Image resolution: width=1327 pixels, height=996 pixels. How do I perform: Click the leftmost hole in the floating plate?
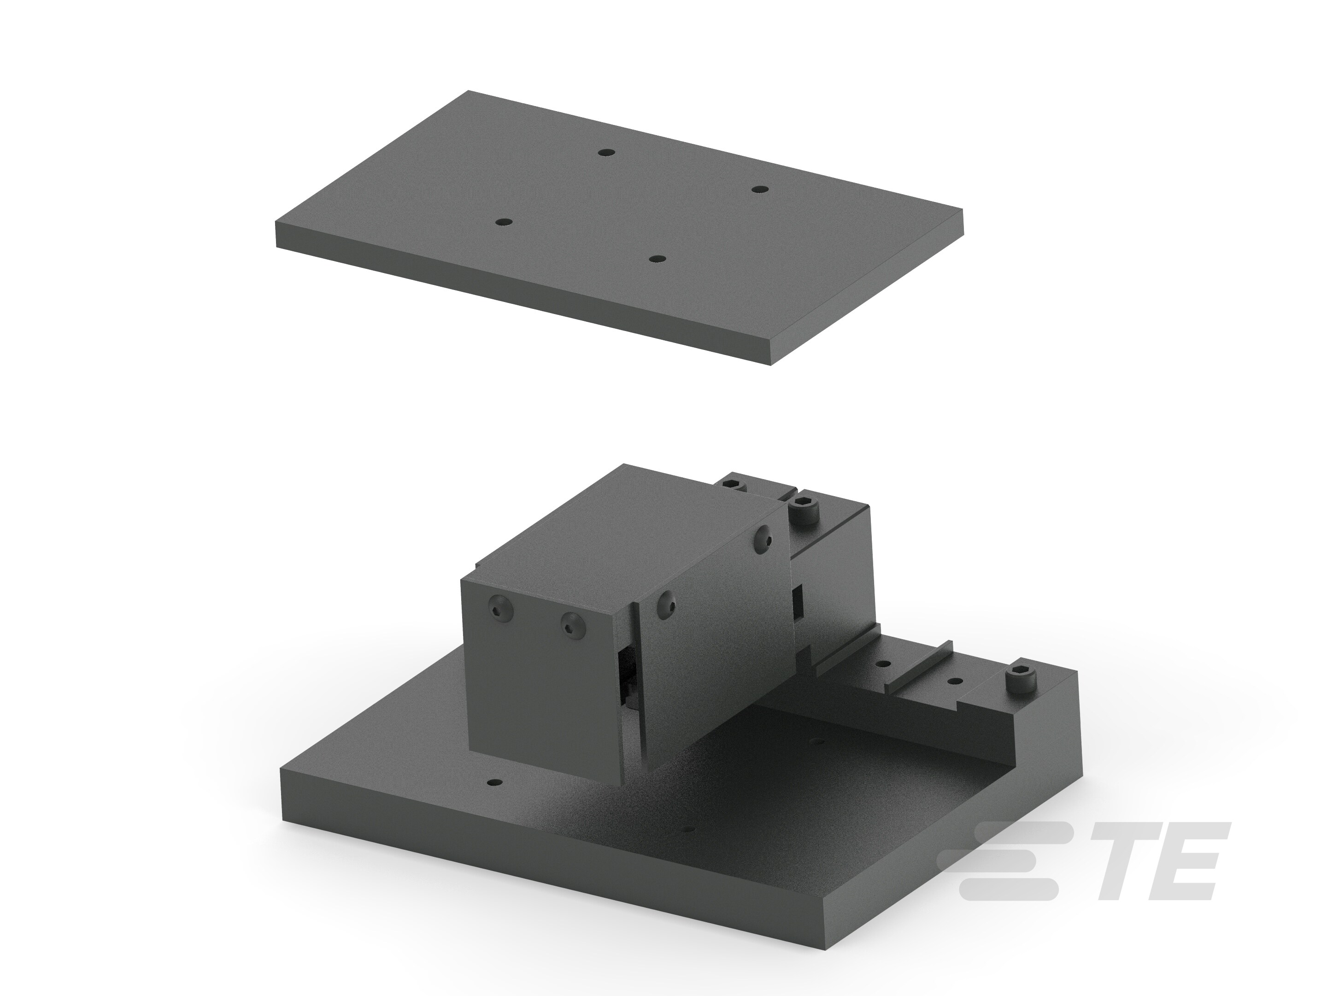[503, 222]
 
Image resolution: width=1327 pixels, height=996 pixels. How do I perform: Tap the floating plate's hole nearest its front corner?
[658, 259]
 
